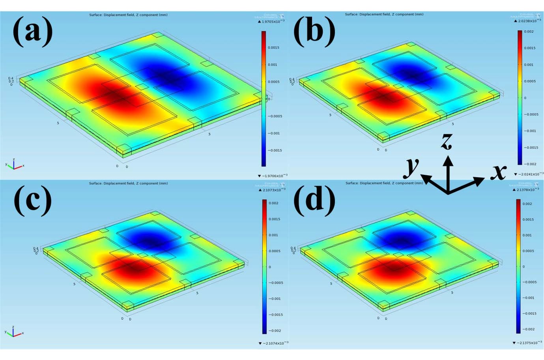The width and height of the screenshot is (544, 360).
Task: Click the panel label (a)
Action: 33,32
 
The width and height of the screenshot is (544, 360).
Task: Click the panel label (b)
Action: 314,32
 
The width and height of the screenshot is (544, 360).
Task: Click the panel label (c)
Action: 33,200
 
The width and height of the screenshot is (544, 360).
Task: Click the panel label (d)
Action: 314,200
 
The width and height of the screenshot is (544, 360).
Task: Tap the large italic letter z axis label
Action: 447,141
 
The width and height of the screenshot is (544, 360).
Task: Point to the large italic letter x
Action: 499,171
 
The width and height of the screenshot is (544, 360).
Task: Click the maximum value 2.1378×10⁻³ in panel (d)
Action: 527,189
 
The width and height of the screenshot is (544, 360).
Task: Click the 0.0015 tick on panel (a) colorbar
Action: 273,48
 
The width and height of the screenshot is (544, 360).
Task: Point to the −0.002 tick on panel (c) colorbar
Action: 275,331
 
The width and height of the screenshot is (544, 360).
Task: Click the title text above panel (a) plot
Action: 128,15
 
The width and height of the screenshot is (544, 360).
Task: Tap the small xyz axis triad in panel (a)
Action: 14,164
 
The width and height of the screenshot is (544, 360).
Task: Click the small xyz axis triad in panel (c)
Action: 14,332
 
